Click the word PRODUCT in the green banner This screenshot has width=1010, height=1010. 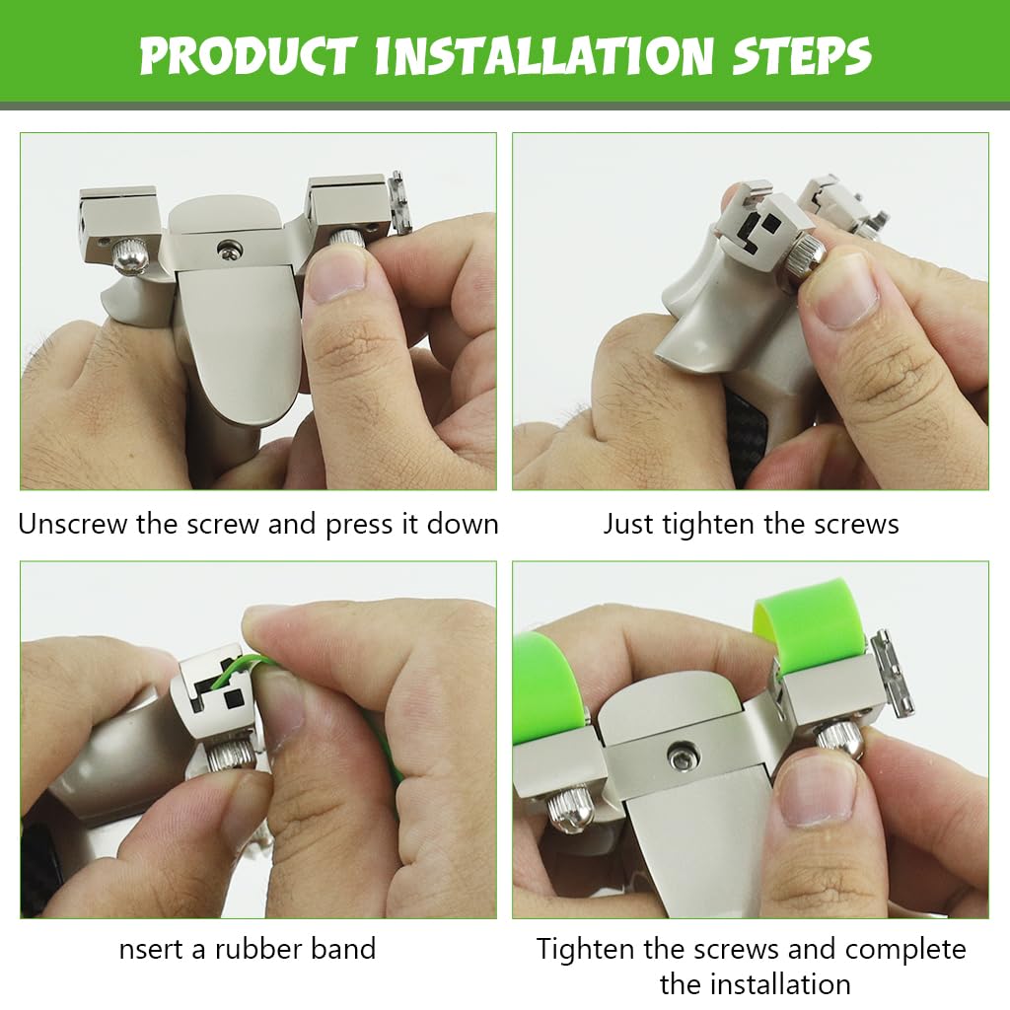248,55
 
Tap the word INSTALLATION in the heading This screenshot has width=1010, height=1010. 544,55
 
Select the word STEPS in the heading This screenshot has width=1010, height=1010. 802,55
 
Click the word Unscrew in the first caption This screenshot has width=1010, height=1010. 73,524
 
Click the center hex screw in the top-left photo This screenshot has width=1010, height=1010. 229,248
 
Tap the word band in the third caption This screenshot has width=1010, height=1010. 343,949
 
